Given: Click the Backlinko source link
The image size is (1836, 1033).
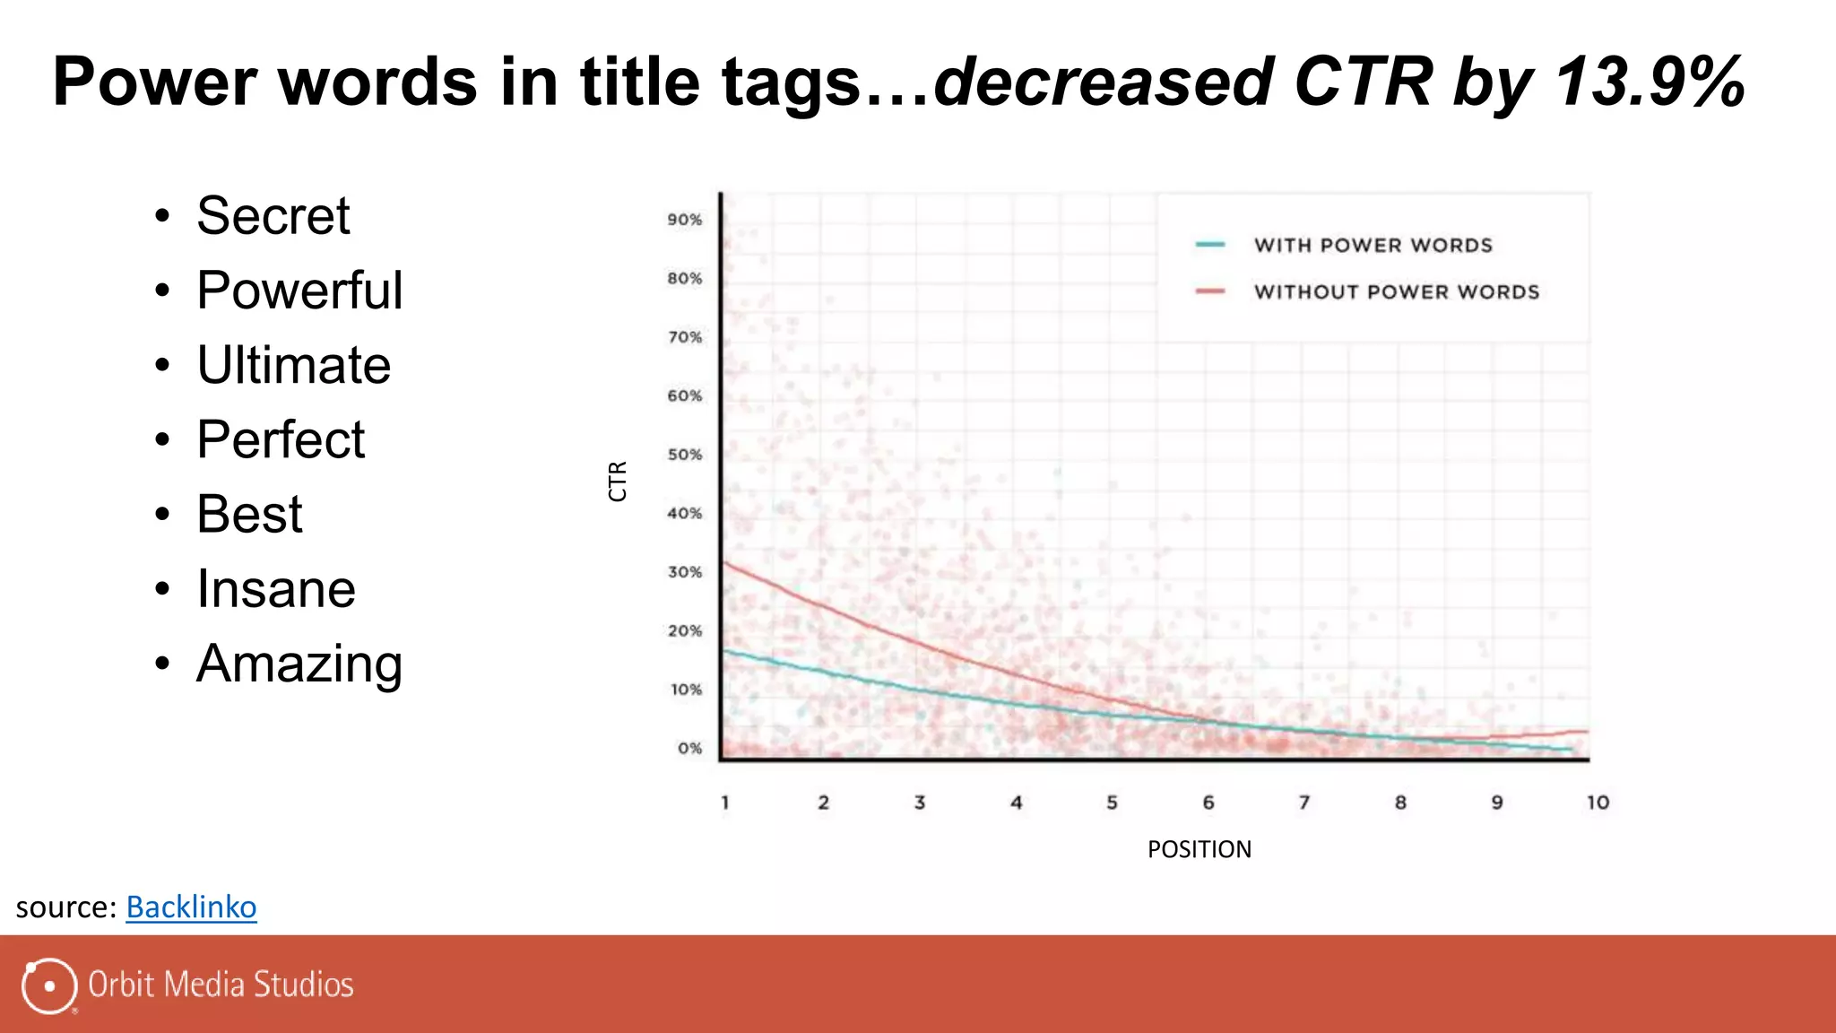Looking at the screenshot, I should click(191, 907).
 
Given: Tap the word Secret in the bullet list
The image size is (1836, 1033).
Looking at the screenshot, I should click(273, 216).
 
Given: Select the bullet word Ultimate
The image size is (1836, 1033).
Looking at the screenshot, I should click(293, 365).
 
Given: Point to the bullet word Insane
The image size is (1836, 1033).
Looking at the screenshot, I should click(275, 589).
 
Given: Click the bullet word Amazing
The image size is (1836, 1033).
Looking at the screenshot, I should click(299, 664).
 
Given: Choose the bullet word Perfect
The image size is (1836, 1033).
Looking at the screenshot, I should click(281, 439).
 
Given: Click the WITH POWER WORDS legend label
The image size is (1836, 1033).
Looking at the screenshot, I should click(1373, 246).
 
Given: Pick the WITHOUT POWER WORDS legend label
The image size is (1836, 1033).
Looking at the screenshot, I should click(1396, 292).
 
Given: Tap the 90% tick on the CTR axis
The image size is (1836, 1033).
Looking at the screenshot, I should click(684, 220).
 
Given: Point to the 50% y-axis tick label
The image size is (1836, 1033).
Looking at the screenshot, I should click(684, 455).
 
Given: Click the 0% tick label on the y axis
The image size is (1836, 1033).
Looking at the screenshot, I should click(689, 748).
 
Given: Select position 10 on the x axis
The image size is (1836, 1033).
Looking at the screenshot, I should click(1598, 803).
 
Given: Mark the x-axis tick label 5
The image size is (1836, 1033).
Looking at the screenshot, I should click(1112, 803).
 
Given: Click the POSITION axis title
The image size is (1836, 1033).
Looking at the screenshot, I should click(1199, 849).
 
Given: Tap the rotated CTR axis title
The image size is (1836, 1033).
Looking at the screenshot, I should click(618, 482).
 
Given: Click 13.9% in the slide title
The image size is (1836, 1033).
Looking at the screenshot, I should click(1650, 82).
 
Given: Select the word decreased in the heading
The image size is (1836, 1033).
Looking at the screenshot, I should click(1103, 82).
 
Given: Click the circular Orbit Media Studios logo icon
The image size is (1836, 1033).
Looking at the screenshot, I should click(48, 985).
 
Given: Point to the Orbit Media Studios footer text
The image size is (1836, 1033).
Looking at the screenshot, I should click(221, 985).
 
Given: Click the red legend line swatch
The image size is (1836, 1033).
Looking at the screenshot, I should click(1210, 291).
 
